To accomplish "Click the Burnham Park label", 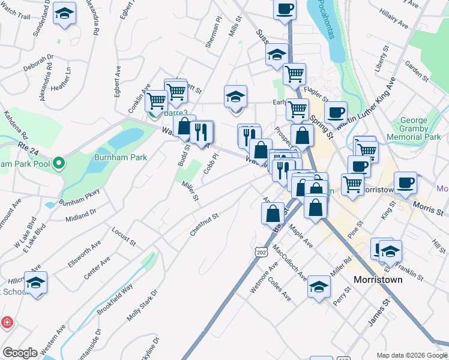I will click(120, 157).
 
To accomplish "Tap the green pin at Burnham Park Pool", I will click(58, 163).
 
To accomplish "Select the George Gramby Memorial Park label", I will click(421, 128).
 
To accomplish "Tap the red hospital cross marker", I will click(7, 322).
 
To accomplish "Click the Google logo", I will click(20, 353).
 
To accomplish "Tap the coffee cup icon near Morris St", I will click(406, 182).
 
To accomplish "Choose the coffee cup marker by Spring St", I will click(336, 111).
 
